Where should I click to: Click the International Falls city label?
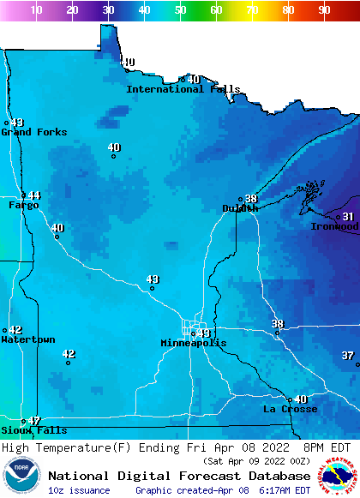[183, 89]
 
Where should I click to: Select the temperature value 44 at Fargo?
[34, 195]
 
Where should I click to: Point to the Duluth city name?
[240, 208]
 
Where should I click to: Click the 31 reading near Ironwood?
[348, 216]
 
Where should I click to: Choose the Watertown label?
[27, 340]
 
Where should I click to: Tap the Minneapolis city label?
[194, 343]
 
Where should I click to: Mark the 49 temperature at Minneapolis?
[203, 333]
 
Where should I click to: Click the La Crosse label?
[290, 409]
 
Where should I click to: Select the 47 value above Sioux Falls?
[34, 421]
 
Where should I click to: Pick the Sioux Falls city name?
[33, 430]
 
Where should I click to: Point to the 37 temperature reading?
[347, 355]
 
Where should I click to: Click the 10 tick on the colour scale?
[37, 9]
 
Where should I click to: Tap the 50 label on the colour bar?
[180, 9]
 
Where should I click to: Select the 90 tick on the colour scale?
[324, 9]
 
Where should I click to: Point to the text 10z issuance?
[79, 490]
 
